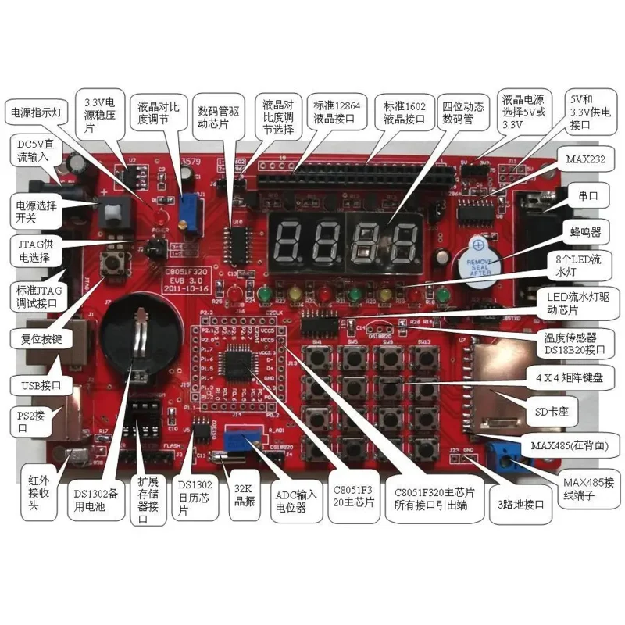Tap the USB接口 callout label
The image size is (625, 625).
coord(41,384)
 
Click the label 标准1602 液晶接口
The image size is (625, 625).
coord(404,112)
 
